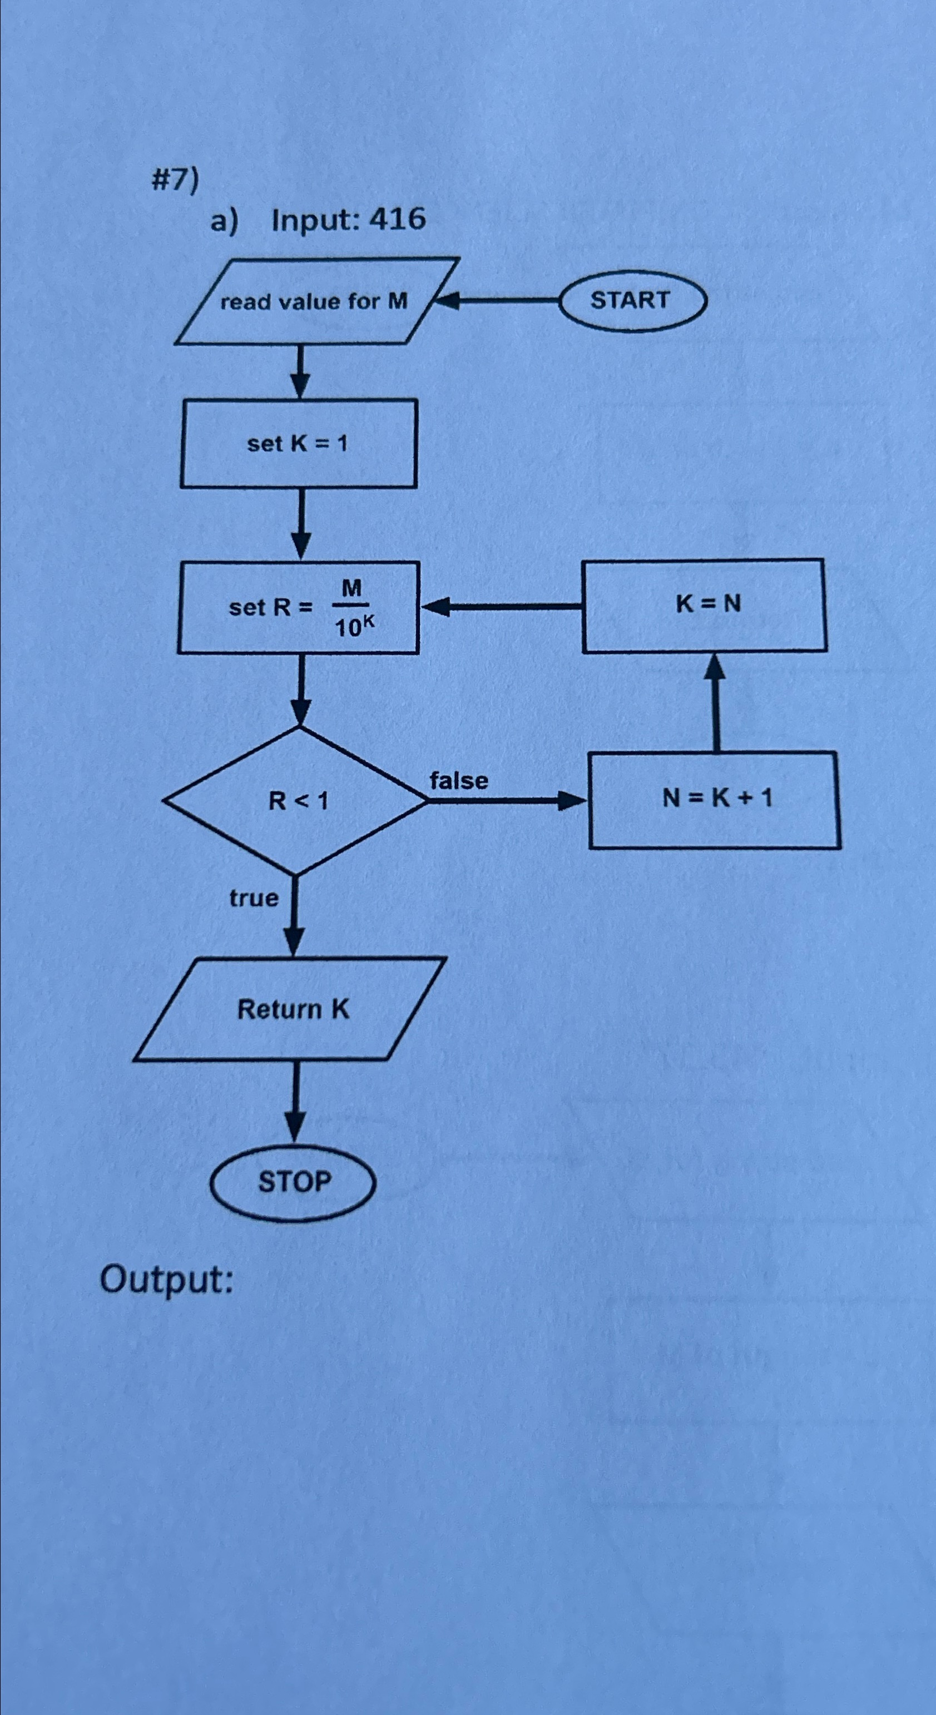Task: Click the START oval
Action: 631,300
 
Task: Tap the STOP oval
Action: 294,1182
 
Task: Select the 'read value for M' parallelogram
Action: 314,301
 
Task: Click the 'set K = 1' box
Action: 298,443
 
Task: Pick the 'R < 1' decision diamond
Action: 297,800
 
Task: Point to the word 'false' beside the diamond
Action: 459,780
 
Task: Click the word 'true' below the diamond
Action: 254,898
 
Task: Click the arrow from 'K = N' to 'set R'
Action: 501,606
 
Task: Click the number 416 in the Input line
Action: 398,219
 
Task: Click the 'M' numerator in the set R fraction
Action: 351,588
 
